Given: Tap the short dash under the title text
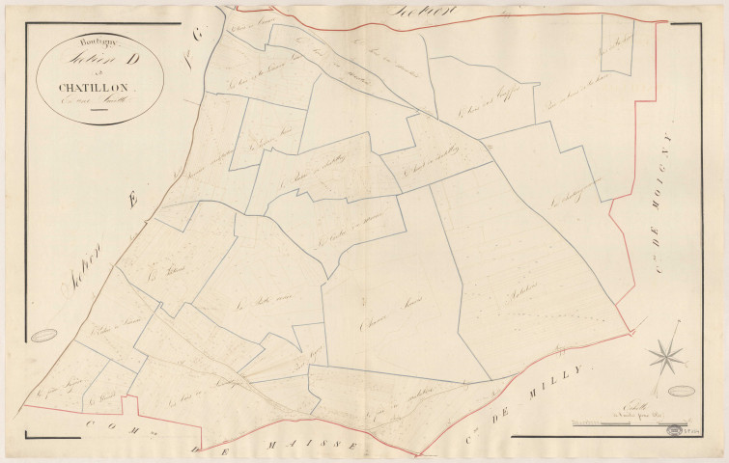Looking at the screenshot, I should point(96,112).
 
